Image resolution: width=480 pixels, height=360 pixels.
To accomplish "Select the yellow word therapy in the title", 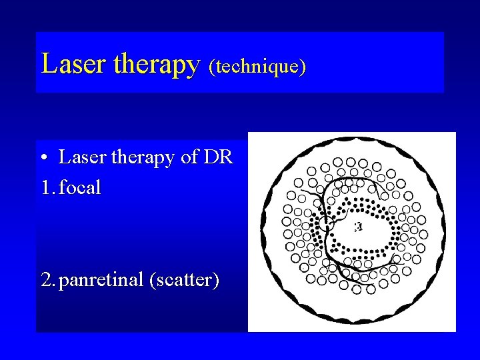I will [157, 65].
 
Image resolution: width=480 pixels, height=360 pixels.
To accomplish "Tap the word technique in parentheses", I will [257, 66].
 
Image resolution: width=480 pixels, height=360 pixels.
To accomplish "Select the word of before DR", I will [191, 158].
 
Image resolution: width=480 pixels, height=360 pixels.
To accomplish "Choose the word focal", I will [80, 188].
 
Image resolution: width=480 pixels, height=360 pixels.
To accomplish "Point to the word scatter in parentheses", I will [185, 281].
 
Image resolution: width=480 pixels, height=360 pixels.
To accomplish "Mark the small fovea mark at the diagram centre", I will [359, 227].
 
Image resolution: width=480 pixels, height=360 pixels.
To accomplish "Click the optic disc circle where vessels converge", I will [325, 223].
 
